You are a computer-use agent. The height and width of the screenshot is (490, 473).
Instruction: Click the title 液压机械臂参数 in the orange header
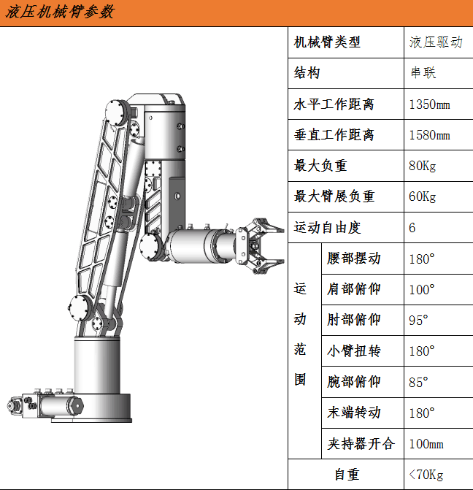[x=60, y=12]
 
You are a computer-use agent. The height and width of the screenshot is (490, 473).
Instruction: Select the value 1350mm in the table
[x=430, y=104]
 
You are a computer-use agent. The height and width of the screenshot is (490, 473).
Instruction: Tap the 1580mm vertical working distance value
[x=430, y=135]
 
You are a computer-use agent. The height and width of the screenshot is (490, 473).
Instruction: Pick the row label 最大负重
[x=320, y=166]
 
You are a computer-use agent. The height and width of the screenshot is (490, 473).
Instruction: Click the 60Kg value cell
[x=423, y=196]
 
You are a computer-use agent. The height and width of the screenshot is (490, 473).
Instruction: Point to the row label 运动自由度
[x=328, y=228]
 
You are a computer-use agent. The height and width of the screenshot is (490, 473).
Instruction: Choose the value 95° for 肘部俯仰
[x=418, y=321]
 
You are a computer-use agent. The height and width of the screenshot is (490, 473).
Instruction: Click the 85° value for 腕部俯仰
[x=418, y=382]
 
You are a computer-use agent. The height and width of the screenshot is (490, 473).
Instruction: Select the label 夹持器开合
[x=361, y=444]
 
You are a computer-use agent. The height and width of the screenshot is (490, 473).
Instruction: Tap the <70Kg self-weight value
[x=426, y=475]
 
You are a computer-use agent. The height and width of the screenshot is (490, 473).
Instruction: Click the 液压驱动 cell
[x=436, y=42]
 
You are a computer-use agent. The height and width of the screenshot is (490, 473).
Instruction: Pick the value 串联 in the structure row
[x=423, y=73]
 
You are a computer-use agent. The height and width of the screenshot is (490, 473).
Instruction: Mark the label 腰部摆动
[x=354, y=259]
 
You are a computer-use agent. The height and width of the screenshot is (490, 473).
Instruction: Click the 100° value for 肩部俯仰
[x=422, y=290]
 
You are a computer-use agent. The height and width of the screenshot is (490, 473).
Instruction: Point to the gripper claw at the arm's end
[x=261, y=245]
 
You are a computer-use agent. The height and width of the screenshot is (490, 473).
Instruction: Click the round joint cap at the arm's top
[x=115, y=112]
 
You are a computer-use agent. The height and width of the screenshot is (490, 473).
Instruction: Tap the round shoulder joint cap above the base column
[x=80, y=308]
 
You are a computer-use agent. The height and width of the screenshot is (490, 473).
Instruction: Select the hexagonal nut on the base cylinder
[x=77, y=406]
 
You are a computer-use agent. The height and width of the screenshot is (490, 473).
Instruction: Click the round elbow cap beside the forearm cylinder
[x=150, y=247]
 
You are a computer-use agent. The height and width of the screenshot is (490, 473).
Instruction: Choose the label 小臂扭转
[x=354, y=351]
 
